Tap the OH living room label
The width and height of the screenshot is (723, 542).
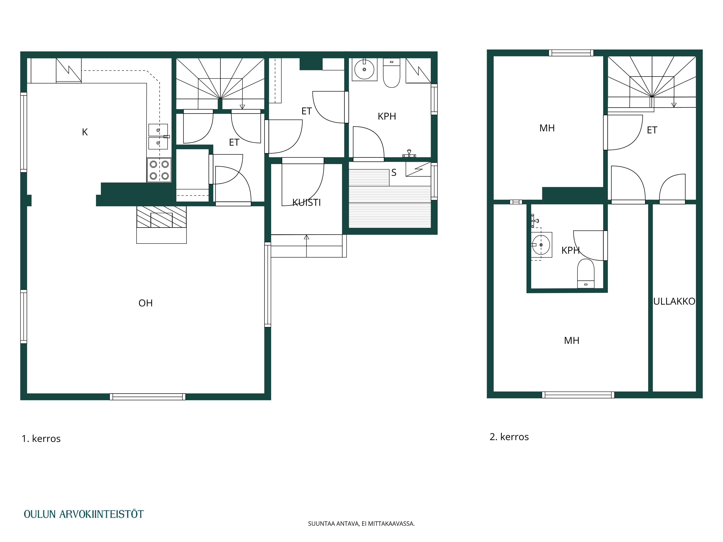pyautogui.click(x=146, y=303)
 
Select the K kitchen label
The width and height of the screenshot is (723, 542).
pyautogui.click(x=85, y=132)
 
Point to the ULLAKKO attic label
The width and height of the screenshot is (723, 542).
pyautogui.click(x=674, y=301)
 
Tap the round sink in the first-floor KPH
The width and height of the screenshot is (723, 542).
pyautogui.click(x=364, y=69)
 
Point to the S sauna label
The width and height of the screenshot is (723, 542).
pyautogui.click(x=394, y=173)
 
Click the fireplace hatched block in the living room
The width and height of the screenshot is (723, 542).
pyautogui.click(x=161, y=217)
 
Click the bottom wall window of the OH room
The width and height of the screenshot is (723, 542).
pyautogui.click(x=147, y=397)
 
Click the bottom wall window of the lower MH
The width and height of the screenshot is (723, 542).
pyautogui.click(x=578, y=395)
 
